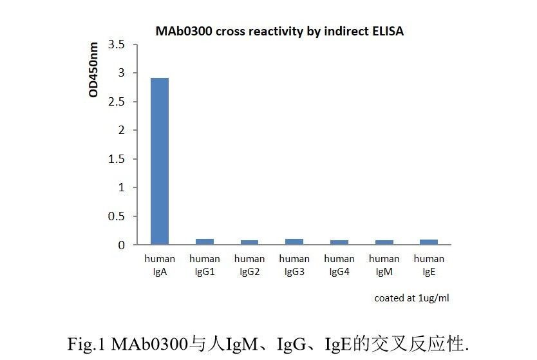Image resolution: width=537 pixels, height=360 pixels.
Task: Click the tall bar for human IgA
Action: pos(160,161)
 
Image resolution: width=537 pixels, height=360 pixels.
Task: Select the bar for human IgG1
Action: pos(205,242)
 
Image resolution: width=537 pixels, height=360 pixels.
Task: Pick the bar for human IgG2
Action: pos(249,242)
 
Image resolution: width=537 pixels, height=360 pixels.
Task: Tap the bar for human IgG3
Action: pos(294,242)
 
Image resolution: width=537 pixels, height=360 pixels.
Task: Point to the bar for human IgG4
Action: pos(339,242)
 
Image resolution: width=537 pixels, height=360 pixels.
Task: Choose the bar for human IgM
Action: pos(384,242)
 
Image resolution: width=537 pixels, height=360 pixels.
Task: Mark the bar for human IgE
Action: pos(429,242)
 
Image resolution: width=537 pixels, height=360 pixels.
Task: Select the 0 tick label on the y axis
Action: pos(121,245)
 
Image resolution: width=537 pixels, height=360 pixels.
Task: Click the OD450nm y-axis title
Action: pos(94,70)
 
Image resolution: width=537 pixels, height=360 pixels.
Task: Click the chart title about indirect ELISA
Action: pos(279,31)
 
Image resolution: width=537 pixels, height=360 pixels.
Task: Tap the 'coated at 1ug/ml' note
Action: pos(411,298)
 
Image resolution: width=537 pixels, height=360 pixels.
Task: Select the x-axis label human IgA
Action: pos(160,265)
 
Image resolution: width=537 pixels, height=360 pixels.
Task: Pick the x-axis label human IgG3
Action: pos(294,265)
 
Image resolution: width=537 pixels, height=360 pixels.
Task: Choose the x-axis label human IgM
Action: pos(384,265)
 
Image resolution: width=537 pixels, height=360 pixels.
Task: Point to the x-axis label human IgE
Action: pos(429,265)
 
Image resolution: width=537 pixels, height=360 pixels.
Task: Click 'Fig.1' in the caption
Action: pos(88,343)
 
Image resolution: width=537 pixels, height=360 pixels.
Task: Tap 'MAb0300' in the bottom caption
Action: pos(149,343)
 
